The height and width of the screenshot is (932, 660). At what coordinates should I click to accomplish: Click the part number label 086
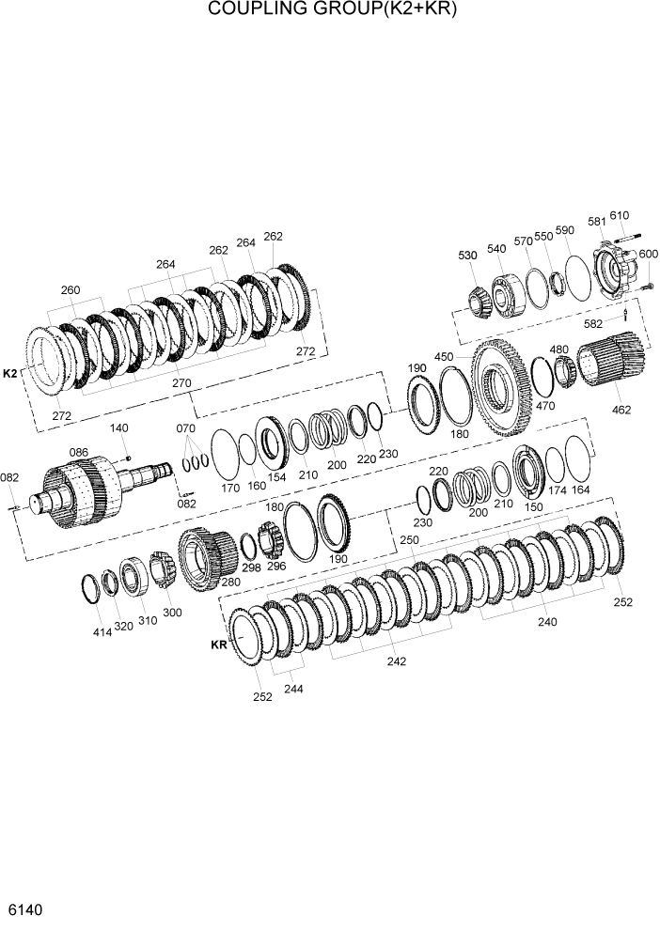pyautogui.click(x=79, y=453)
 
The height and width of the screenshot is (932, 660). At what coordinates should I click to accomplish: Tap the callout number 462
pyautogui.click(x=621, y=410)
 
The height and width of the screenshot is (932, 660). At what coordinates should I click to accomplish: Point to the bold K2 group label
pyautogui.click(x=10, y=373)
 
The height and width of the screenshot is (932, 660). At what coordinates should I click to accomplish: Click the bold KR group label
pyautogui.click(x=219, y=645)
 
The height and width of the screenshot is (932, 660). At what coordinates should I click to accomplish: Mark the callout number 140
pyautogui.click(x=118, y=427)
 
